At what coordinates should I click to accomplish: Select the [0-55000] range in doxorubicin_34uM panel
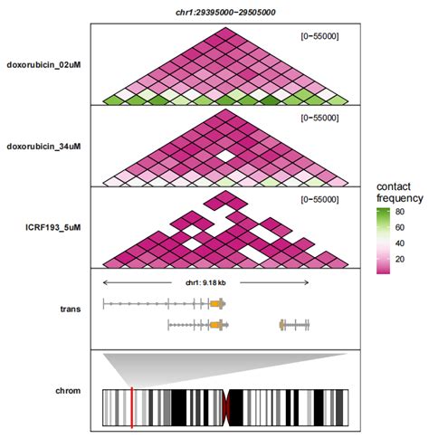click(319, 117)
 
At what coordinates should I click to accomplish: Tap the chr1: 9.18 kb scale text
click(205, 283)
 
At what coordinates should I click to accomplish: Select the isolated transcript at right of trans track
click(295, 323)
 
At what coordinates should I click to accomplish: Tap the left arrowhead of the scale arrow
click(106, 283)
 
